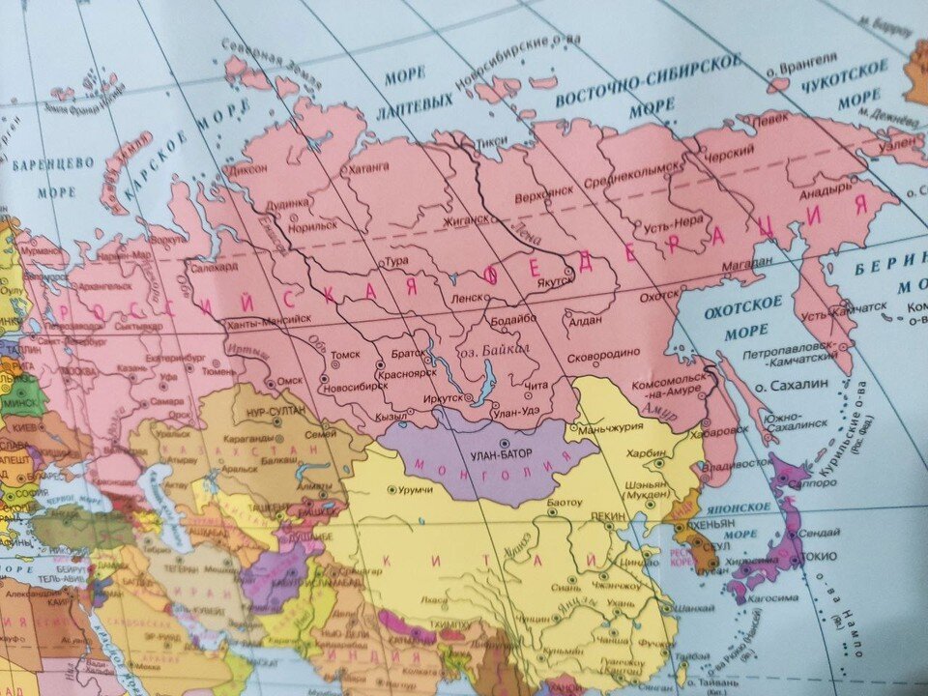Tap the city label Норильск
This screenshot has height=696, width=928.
(313, 225)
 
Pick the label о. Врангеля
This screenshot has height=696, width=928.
(797, 71)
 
